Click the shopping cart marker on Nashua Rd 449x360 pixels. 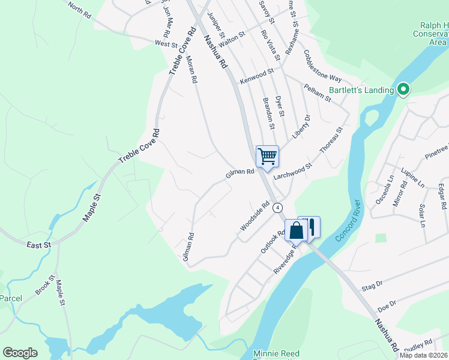pyautogui.click(x=267, y=157)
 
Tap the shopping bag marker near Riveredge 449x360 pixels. pyautogui.click(x=297, y=230)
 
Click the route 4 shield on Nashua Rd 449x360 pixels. pyautogui.click(x=277, y=208)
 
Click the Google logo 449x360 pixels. pyautogui.click(x=20, y=353)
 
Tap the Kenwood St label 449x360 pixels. pyautogui.click(x=256, y=76)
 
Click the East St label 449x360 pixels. pyautogui.click(x=39, y=244)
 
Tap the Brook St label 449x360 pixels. pyautogui.click(x=45, y=285)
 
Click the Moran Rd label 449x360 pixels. pyautogui.click(x=191, y=70)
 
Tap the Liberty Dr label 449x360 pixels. pyautogui.click(x=301, y=127)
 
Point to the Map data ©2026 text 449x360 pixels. pyautogui.click(x=424, y=355)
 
